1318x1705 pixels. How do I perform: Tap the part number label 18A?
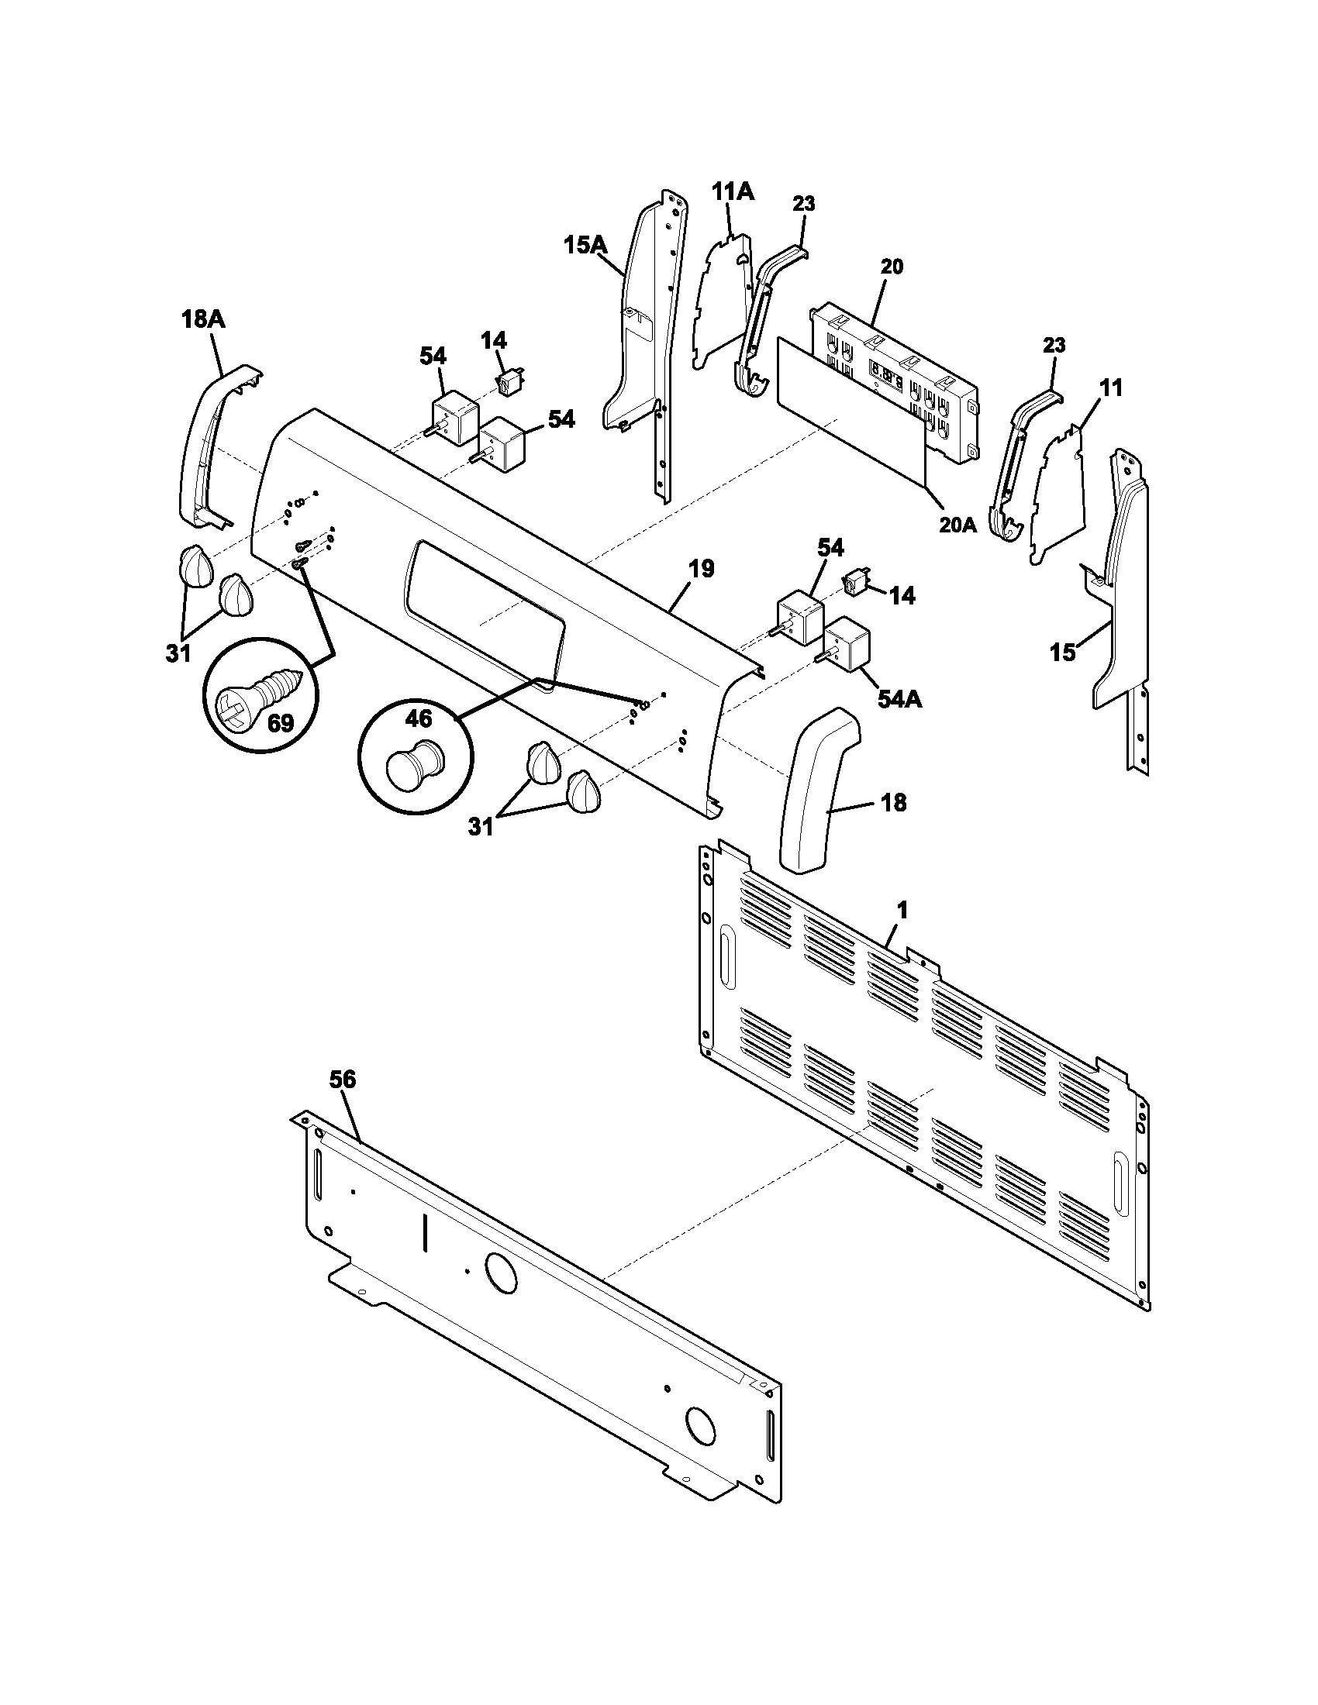click(x=205, y=320)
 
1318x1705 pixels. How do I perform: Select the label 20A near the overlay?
click(x=957, y=525)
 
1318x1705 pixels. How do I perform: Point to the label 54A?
click(x=899, y=700)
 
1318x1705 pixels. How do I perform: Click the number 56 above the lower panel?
click(x=342, y=1080)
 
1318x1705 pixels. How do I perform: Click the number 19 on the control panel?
click(x=701, y=568)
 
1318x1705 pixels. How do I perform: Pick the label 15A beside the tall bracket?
click(x=585, y=245)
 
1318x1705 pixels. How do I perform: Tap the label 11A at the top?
click(x=733, y=191)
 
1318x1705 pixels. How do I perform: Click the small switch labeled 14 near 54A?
click(x=854, y=583)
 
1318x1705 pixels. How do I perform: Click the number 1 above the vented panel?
click(x=902, y=911)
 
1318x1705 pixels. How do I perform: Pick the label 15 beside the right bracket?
click(x=1062, y=653)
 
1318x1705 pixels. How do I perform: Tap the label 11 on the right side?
click(x=1111, y=388)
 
